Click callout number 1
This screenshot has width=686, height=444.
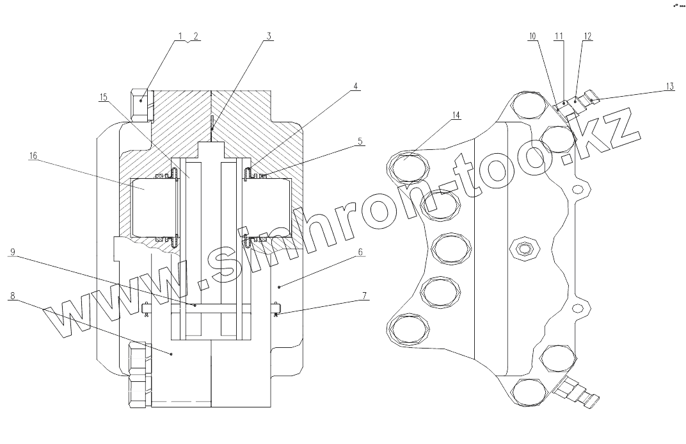[180, 36]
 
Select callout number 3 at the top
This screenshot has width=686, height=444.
[269, 36]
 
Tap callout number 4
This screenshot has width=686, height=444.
[356, 86]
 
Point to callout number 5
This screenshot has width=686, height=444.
[361, 142]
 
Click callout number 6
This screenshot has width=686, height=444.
[360, 252]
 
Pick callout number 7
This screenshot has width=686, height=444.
[364, 296]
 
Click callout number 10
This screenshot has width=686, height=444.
[532, 36]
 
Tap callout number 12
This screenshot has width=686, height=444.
[587, 36]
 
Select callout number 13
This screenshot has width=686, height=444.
[669, 86]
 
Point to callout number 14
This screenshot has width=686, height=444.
[456, 115]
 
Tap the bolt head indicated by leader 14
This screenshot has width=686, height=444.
[408, 168]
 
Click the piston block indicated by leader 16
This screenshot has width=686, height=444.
[152, 205]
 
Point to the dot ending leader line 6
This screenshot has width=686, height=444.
[279, 282]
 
